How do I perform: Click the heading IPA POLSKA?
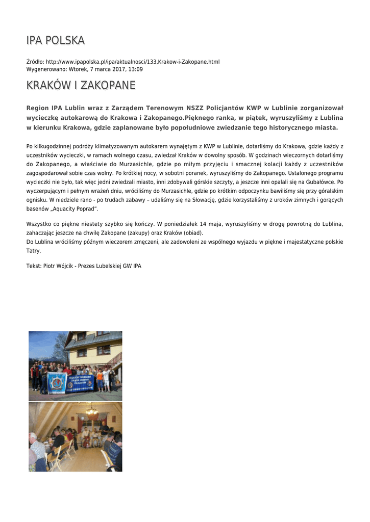pos(55,40)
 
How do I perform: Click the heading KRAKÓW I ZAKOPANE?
pos(81,85)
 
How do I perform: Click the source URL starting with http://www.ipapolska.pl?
pos(133,62)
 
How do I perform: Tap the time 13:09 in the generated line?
pos(136,69)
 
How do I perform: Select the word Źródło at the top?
pos(35,62)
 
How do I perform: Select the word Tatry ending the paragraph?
pos(33,251)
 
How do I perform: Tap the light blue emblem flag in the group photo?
pos(57,382)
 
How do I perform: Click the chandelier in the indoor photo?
pos(92,410)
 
